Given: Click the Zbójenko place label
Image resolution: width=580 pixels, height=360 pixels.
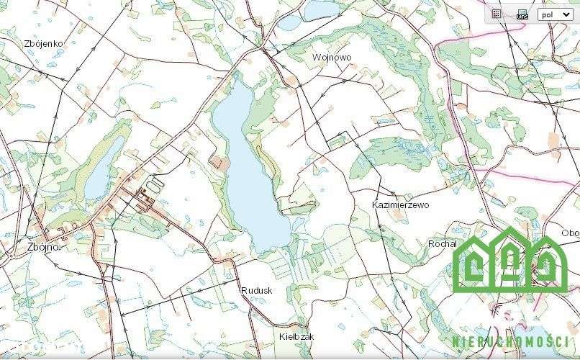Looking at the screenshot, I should coord(43,43).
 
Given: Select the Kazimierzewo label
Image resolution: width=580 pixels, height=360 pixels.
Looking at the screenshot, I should coord(401,205).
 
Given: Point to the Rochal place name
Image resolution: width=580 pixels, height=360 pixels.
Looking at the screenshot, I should coord(443,244).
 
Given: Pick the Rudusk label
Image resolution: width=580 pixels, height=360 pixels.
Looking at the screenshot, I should coord(257,289).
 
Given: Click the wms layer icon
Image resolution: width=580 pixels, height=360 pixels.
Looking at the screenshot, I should coord(522,14).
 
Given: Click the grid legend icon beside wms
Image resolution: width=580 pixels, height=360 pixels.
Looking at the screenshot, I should coord(497,13).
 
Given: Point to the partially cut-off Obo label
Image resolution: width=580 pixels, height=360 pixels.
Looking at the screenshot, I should coord(570,233).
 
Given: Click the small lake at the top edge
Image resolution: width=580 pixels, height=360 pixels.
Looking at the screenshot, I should coord(317,9).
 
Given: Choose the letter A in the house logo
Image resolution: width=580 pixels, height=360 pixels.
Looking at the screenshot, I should coord(509,268).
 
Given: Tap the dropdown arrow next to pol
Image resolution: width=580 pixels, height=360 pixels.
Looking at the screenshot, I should coord(566,14).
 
